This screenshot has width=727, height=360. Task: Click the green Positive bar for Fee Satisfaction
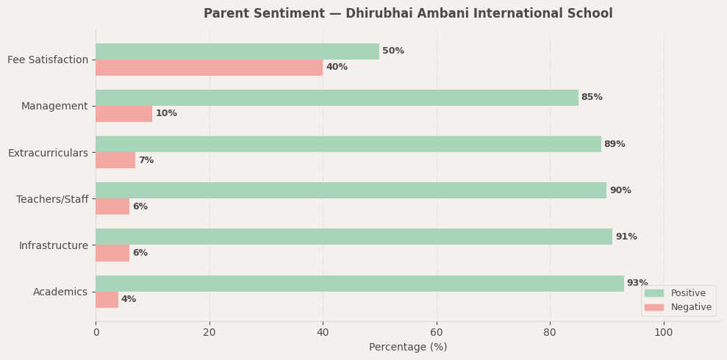pyautogui.click(x=237, y=51)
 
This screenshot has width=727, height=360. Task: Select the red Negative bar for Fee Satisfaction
pyautogui.click(x=209, y=68)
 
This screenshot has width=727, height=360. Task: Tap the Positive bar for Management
pyautogui.click(x=337, y=98)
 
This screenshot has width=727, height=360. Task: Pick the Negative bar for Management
pyautogui.click(x=123, y=114)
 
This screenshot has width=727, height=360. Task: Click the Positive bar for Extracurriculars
pyautogui.click(x=348, y=144)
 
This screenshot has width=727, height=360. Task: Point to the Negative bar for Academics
pyautogui.click(x=107, y=300)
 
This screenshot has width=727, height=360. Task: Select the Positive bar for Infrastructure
pyautogui.click(x=354, y=237)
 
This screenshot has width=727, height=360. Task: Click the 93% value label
pyautogui.click(x=637, y=283)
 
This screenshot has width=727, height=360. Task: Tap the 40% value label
pyautogui.click(x=337, y=68)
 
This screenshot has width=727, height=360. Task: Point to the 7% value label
pyautogui.click(x=146, y=160)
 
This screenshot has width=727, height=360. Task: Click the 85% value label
pyautogui.click(x=592, y=98)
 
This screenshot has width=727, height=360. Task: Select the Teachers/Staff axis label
pyautogui.click(x=52, y=199)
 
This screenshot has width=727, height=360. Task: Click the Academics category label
pyautogui.click(x=60, y=292)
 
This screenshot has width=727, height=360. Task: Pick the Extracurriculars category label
pyautogui.click(x=48, y=153)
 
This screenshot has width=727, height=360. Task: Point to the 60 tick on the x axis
pyautogui.click(x=437, y=333)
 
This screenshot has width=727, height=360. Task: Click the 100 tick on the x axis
pyautogui.click(x=664, y=333)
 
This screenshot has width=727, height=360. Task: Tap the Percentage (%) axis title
pyautogui.click(x=408, y=348)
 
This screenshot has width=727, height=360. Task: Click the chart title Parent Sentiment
pyautogui.click(x=408, y=14)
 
